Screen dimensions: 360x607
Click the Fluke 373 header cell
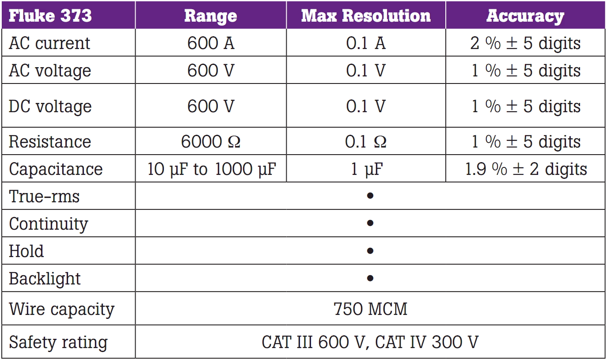pyautogui.click(x=50, y=16)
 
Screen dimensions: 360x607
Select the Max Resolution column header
pyautogui.click(x=365, y=16)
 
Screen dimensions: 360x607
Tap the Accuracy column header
pyautogui.click(x=525, y=16)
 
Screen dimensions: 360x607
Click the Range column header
pyautogui.click(x=210, y=16)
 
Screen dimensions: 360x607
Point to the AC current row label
pyautogui.click(x=49, y=43)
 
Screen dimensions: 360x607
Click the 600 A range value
pyautogui.click(x=211, y=43)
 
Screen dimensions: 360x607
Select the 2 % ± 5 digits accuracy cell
pyautogui.click(x=525, y=43)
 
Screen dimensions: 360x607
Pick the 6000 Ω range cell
pyautogui.click(x=211, y=142)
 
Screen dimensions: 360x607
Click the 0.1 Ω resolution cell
pyautogui.click(x=366, y=142)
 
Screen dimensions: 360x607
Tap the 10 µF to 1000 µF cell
pyautogui.click(x=211, y=169)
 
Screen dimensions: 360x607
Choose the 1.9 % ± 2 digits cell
pyautogui.click(x=526, y=169)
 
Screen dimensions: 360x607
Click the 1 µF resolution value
pyautogui.click(x=366, y=169)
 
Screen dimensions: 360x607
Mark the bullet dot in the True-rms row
pyautogui.click(x=370, y=195)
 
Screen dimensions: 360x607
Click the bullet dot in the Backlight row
pyautogui.click(x=370, y=278)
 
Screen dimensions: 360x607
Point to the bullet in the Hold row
pyautogui.click(x=370, y=251)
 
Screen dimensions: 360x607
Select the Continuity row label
pyautogui.click(x=49, y=224)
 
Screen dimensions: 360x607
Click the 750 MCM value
pyautogui.click(x=370, y=309)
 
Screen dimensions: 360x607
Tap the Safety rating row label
pyautogui.click(x=58, y=342)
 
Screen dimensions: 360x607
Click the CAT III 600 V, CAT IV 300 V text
pyautogui.click(x=370, y=342)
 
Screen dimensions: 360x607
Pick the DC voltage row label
pyautogui.click(x=50, y=106)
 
